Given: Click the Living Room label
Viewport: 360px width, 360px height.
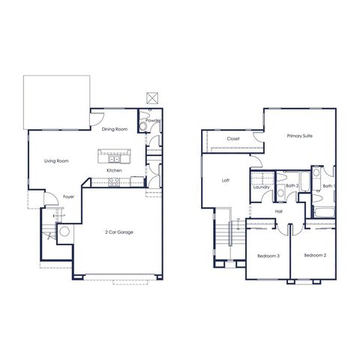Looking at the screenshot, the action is coord(56,161).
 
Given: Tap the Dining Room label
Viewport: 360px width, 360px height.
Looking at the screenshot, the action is coord(115,129).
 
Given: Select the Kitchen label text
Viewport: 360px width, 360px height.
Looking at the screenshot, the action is coord(114,170).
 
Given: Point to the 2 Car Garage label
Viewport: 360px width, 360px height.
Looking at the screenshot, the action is coord(119,232).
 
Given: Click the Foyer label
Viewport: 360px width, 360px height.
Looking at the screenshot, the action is coord(68,196).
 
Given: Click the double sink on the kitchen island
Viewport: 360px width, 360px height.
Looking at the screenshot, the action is coord(114,159).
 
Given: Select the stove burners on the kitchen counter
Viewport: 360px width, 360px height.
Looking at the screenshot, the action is coord(114,182).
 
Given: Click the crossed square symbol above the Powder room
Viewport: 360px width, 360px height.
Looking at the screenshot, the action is coord(152,98).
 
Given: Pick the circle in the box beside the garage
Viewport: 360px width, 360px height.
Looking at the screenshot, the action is coord(64,231).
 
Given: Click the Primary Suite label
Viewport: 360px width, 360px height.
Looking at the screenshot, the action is coord(299,136).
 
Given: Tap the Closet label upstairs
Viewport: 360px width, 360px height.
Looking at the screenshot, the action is coord(233,139).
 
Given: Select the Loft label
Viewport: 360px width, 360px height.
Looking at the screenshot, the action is coord(226,180).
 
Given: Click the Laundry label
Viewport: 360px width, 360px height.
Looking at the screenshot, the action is coord(261,187).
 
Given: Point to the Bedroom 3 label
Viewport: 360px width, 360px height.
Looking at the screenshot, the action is coord(268,256).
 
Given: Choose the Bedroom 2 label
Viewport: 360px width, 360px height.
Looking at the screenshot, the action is coord(315,255).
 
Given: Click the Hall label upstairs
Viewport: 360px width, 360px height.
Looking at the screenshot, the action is coord(279,211).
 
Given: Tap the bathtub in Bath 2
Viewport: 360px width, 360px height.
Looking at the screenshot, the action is coord(304,181).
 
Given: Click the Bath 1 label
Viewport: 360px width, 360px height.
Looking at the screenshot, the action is coord(328,186).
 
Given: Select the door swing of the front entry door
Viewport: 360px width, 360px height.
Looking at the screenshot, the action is coord(53,194).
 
